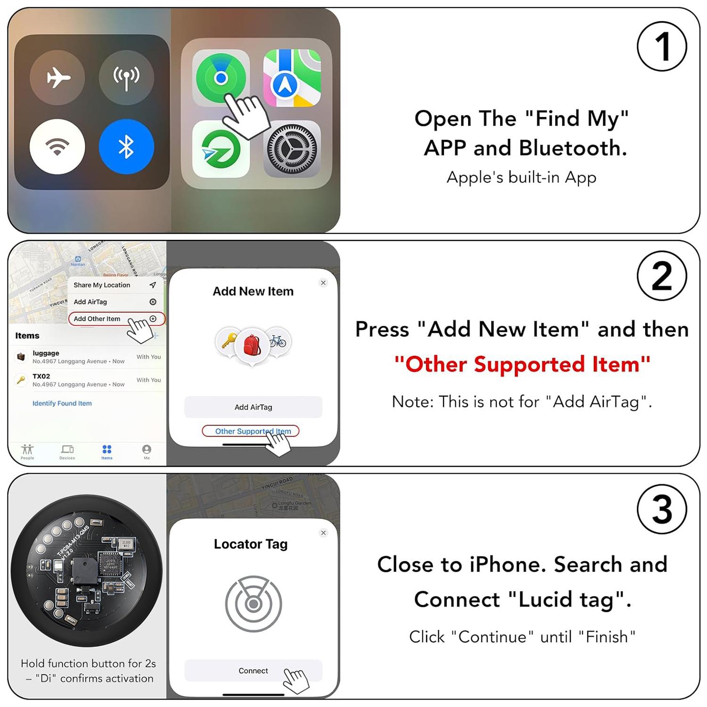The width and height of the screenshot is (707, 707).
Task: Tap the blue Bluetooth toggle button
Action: tap(126, 147)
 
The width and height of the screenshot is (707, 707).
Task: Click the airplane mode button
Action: tap(58, 77)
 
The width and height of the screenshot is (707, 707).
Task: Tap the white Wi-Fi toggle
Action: tap(58, 147)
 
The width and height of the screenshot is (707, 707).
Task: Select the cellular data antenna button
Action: tap(126, 77)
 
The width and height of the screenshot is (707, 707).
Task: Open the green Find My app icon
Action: tap(221, 78)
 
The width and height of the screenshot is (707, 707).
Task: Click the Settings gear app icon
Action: tap(292, 149)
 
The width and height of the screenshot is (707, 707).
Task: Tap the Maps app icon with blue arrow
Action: tap(292, 78)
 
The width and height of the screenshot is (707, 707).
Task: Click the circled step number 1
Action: tap(662, 47)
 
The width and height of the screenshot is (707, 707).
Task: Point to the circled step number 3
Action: tap(662, 509)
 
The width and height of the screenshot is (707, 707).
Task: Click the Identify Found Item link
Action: tap(62, 403)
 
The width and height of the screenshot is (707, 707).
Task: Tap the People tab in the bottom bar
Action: tap(27, 452)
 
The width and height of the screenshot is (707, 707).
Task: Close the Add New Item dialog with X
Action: tap(323, 283)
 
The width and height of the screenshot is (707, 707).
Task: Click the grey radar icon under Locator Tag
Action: tap(254, 603)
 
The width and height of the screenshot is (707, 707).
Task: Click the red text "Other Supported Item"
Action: tap(522, 364)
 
